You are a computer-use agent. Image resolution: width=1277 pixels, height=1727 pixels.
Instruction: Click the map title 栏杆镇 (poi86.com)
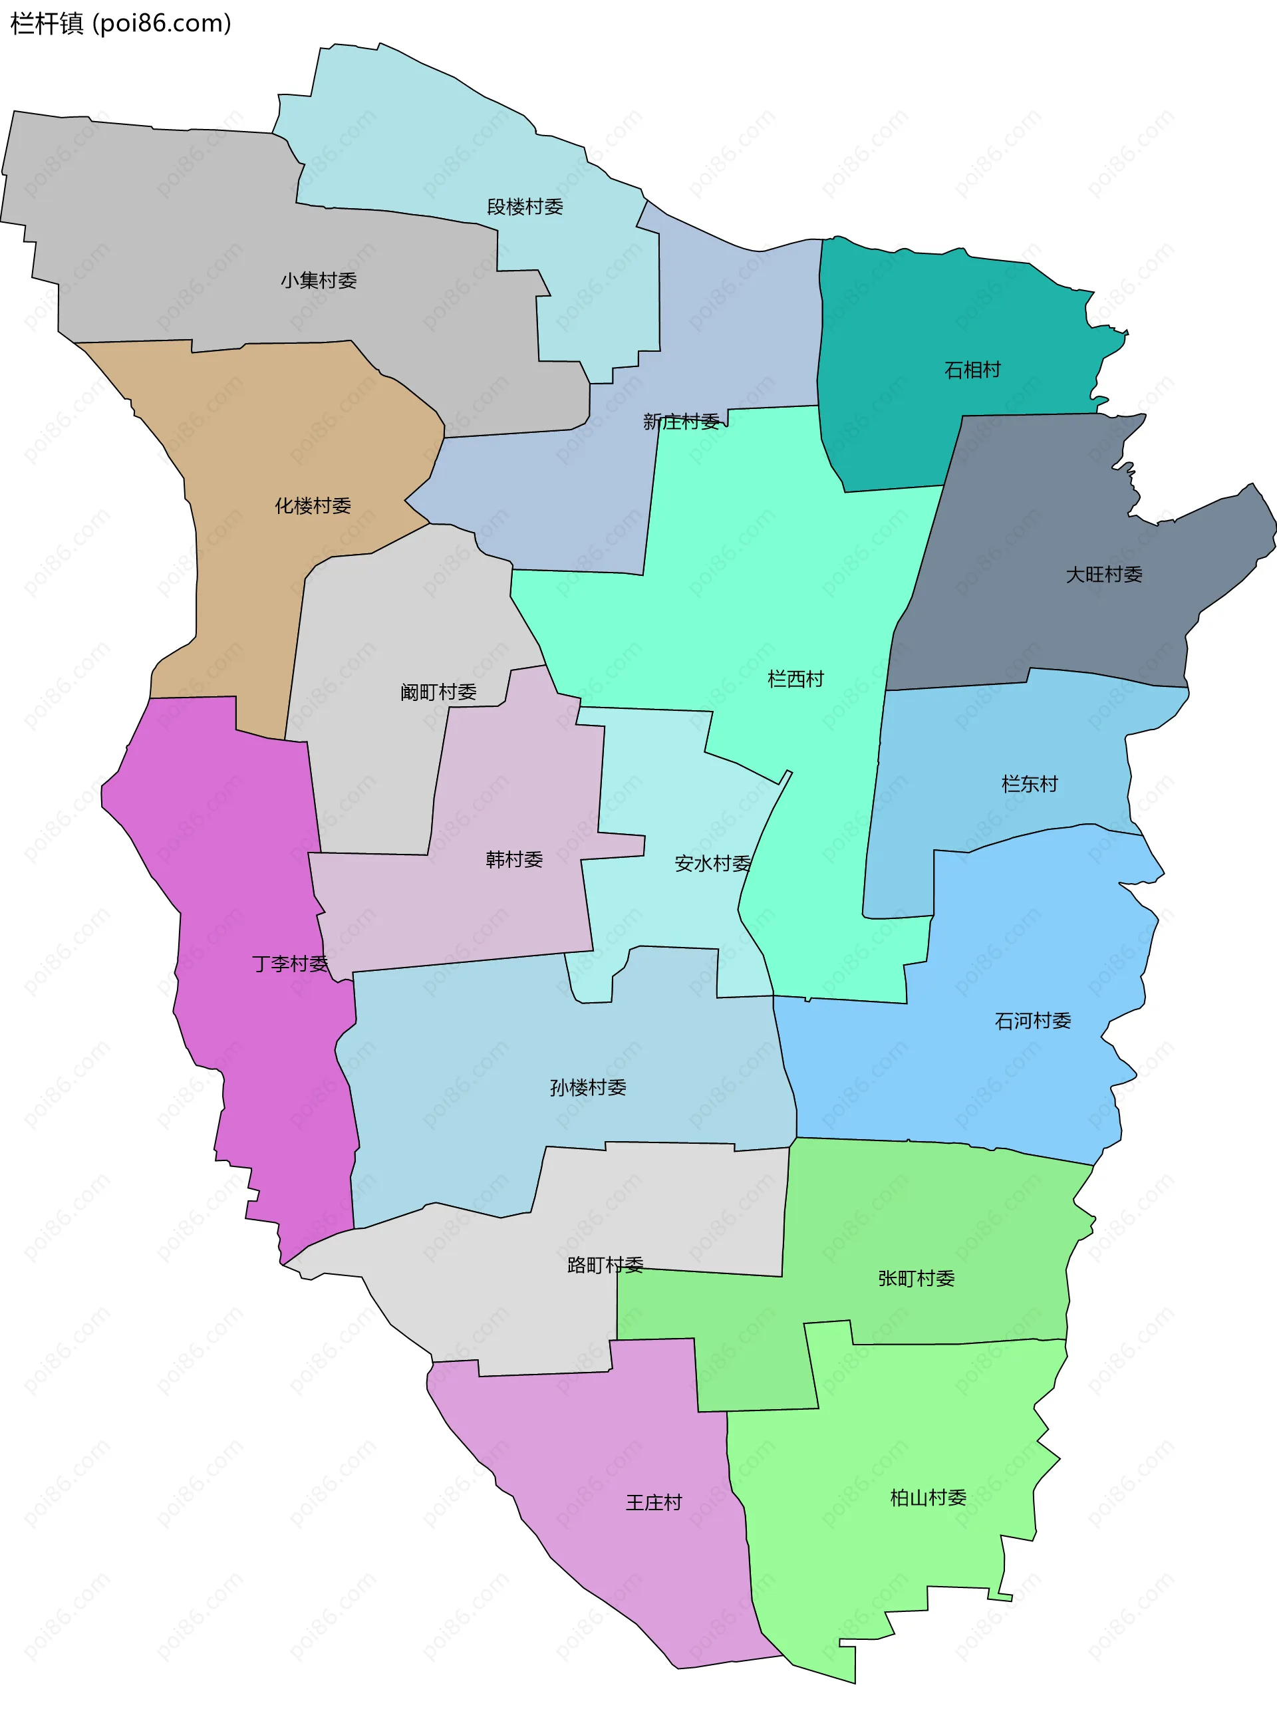120,24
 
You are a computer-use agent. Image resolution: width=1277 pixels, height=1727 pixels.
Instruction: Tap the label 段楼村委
525,206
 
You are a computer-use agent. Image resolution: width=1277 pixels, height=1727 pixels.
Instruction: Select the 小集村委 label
319,281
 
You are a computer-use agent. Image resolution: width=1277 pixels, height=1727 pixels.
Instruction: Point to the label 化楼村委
313,505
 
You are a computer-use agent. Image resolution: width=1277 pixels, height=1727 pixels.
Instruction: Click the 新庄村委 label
681,421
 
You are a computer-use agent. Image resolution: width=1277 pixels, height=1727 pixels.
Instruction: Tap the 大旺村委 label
1104,574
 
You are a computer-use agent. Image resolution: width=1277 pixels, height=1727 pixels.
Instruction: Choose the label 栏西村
795,678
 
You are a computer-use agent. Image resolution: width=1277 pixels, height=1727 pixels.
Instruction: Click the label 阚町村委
438,692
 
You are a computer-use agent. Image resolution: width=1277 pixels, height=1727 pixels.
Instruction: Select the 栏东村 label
1030,784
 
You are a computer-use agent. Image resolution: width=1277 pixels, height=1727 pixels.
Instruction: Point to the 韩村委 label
514,859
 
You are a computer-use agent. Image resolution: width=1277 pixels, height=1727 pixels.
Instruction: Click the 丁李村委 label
290,964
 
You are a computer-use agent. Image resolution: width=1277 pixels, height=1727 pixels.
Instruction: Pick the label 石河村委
1033,1021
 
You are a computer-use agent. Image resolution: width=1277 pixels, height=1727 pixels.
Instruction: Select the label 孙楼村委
587,1087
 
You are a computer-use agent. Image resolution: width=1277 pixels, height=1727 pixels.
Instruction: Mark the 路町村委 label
605,1265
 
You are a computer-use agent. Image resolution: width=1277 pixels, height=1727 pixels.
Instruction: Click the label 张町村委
916,1278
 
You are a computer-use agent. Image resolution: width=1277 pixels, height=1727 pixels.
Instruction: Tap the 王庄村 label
654,1502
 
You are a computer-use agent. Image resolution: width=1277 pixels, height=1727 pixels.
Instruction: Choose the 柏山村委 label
928,1498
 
